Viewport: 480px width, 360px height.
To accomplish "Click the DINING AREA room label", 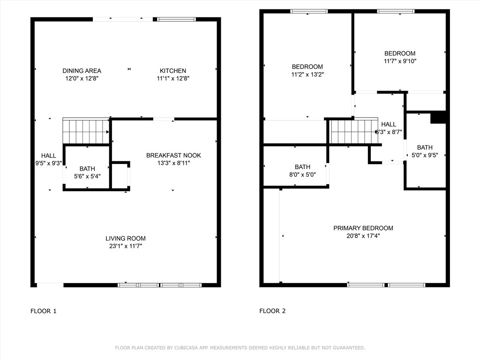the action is pos(82,71).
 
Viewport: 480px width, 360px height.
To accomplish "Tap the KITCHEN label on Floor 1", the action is pos(173,71).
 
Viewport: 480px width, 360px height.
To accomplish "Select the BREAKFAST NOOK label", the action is pos(173,155).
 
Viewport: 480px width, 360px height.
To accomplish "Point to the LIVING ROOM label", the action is pos(126,238).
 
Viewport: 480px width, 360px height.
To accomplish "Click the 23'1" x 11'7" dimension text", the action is pos(126,246).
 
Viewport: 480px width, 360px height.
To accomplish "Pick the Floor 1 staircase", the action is pos(86,131).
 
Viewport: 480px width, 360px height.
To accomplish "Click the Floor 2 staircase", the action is pos(353,131).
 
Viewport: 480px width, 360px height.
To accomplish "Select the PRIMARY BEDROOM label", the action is pos(363,228).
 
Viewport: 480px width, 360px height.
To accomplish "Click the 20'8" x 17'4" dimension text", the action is pos(363,236).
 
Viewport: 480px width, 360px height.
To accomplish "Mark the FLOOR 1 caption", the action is pos(44,311).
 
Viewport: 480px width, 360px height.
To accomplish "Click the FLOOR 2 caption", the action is pos(272,311).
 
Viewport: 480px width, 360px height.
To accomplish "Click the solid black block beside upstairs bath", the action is pos(438,118).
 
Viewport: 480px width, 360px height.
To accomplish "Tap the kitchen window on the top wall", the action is pos(177,19).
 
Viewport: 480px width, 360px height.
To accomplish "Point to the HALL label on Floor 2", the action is pos(389,124).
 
